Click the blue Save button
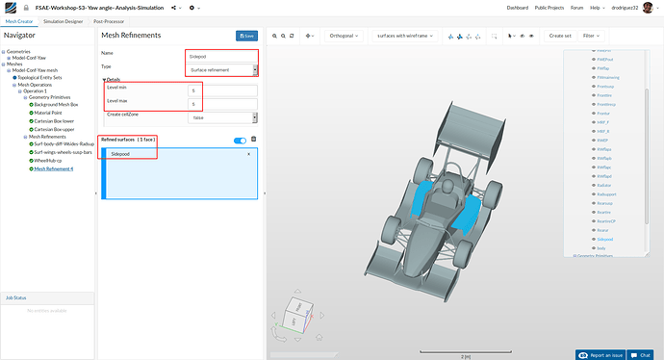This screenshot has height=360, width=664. [x=247, y=36]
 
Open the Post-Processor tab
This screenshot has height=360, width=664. [x=110, y=20]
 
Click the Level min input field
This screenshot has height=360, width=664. [x=222, y=90]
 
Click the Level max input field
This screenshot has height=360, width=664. [x=222, y=103]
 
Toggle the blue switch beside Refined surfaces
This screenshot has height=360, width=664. [x=240, y=141]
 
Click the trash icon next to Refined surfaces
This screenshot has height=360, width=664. [x=254, y=141]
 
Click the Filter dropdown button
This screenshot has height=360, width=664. [x=593, y=36]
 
